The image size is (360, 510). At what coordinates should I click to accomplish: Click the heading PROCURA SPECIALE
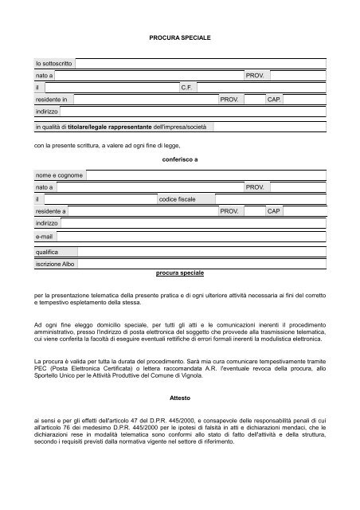click(180, 37)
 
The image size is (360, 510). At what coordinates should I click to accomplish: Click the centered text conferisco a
click(179, 159)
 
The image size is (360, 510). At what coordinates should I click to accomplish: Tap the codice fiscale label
click(187, 198)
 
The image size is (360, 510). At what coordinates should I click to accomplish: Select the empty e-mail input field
click(191, 237)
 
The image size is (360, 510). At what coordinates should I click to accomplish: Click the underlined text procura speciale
click(179, 273)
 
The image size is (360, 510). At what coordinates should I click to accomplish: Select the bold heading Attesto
click(180, 396)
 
